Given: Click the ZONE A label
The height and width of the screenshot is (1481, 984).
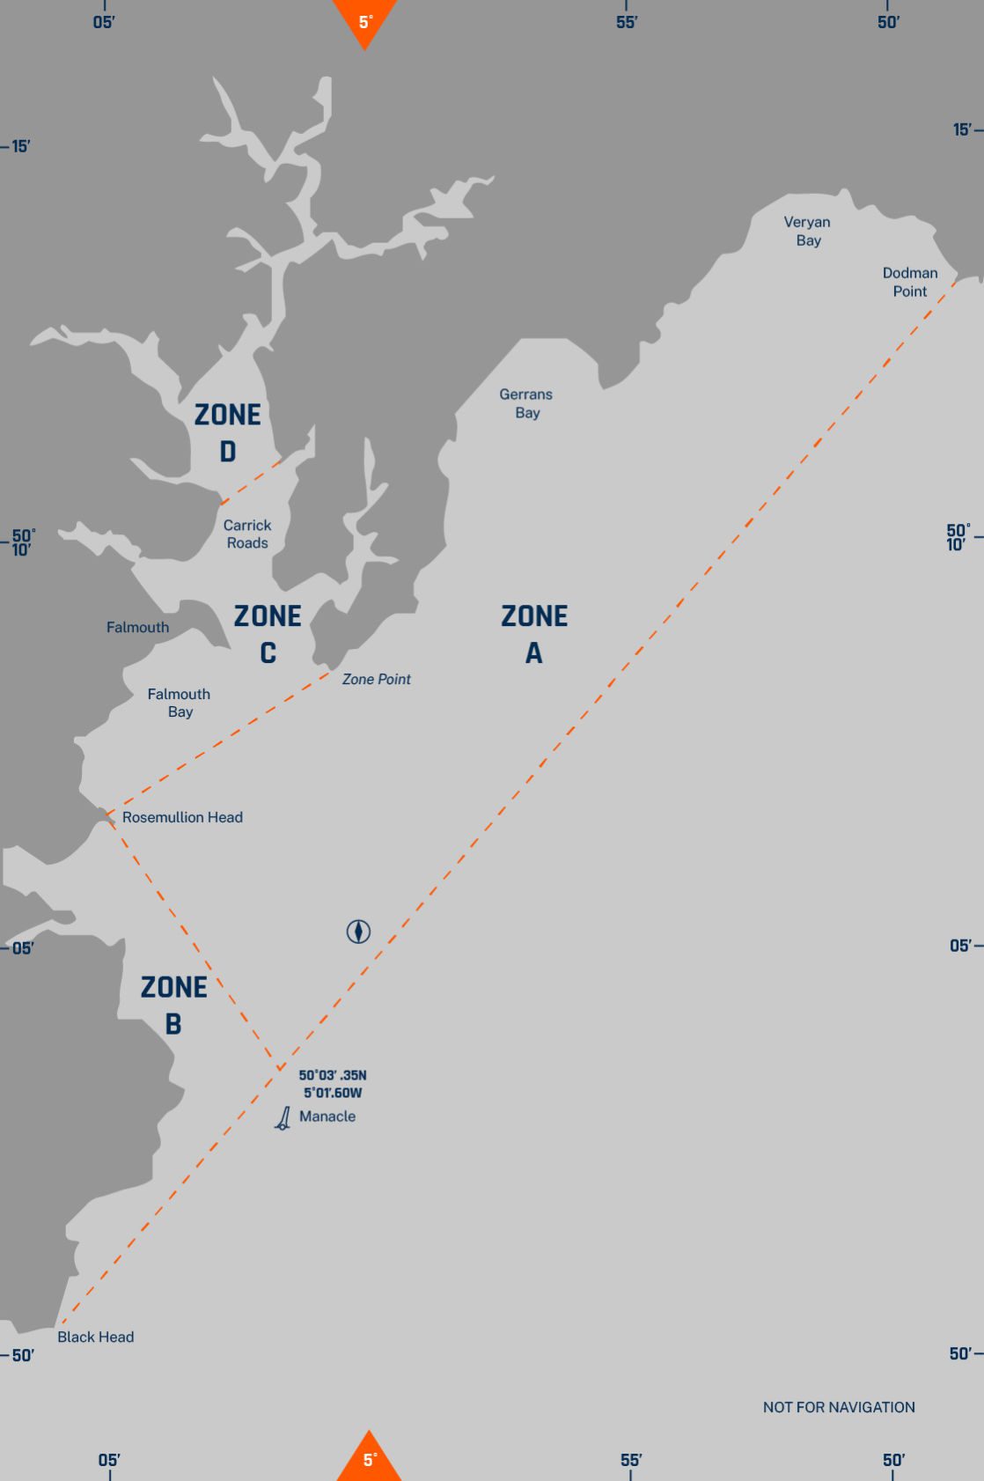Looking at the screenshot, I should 534,634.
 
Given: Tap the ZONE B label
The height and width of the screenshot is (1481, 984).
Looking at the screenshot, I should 174,1005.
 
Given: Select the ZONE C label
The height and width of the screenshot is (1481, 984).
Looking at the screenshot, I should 268,634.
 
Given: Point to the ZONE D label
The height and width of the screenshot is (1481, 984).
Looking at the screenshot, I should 228,432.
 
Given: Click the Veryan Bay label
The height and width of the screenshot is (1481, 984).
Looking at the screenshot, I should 807,231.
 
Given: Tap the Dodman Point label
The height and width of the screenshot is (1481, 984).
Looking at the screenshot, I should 910,282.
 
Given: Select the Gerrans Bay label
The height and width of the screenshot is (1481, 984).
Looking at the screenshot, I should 526,403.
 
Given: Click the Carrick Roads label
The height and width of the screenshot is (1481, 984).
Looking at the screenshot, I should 247,534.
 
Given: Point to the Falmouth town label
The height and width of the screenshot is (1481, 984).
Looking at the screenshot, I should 137,628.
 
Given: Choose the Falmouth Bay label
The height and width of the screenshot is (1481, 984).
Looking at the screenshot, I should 179,703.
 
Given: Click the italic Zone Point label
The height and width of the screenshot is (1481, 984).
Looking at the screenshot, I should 376,679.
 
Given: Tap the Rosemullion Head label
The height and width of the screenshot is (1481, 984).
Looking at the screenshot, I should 182,817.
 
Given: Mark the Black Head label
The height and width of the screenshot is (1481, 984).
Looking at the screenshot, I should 96,1337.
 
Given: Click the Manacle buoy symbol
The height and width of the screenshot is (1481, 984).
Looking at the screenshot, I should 283,1119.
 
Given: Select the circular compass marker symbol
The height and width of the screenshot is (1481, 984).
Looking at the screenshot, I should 358,931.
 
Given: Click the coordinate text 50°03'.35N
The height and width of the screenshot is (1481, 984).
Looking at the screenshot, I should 333,1075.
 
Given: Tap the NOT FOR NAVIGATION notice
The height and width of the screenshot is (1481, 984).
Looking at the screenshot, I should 839,1407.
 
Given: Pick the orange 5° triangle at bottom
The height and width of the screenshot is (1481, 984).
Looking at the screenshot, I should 370,1458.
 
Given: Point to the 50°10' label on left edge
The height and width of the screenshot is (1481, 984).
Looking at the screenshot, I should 23,542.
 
